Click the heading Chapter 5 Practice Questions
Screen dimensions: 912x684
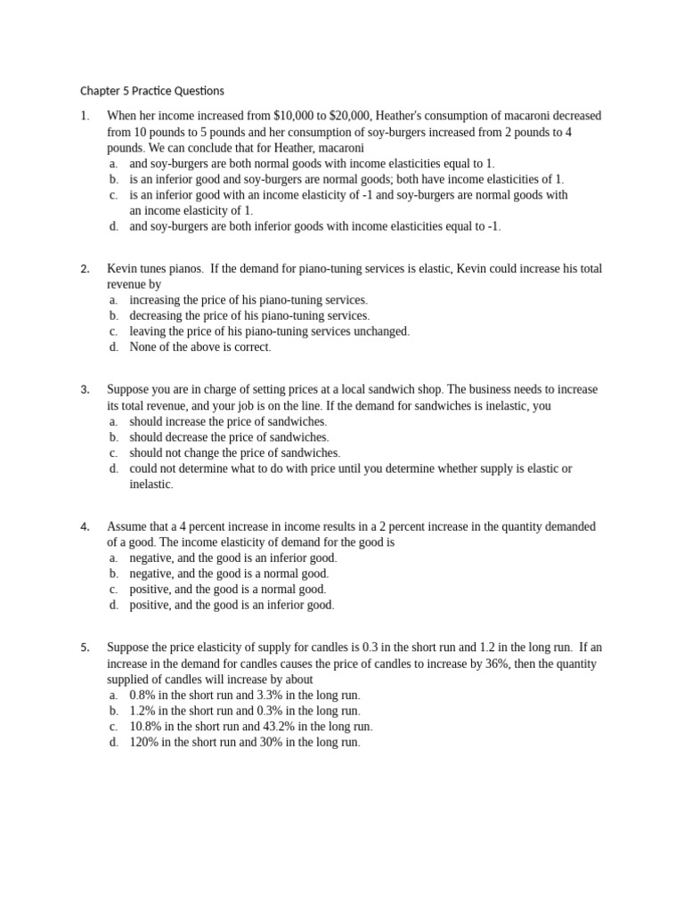click(152, 91)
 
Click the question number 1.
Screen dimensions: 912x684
click(85, 116)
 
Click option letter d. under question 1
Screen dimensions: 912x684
click(114, 226)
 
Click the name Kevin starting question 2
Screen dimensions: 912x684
click(123, 268)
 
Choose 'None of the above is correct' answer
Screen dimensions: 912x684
click(199, 347)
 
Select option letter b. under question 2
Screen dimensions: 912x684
click(114, 315)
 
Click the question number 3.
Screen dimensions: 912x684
click(85, 389)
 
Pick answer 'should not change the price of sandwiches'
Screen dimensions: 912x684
click(234, 453)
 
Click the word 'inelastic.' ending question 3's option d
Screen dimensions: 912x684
click(151, 484)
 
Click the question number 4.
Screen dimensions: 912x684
click(85, 526)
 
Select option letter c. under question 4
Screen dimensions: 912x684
click(114, 590)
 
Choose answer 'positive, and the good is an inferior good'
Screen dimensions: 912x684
click(232, 606)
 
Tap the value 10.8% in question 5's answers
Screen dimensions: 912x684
click(147, 727)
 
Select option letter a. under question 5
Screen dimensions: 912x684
click(114, 695)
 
